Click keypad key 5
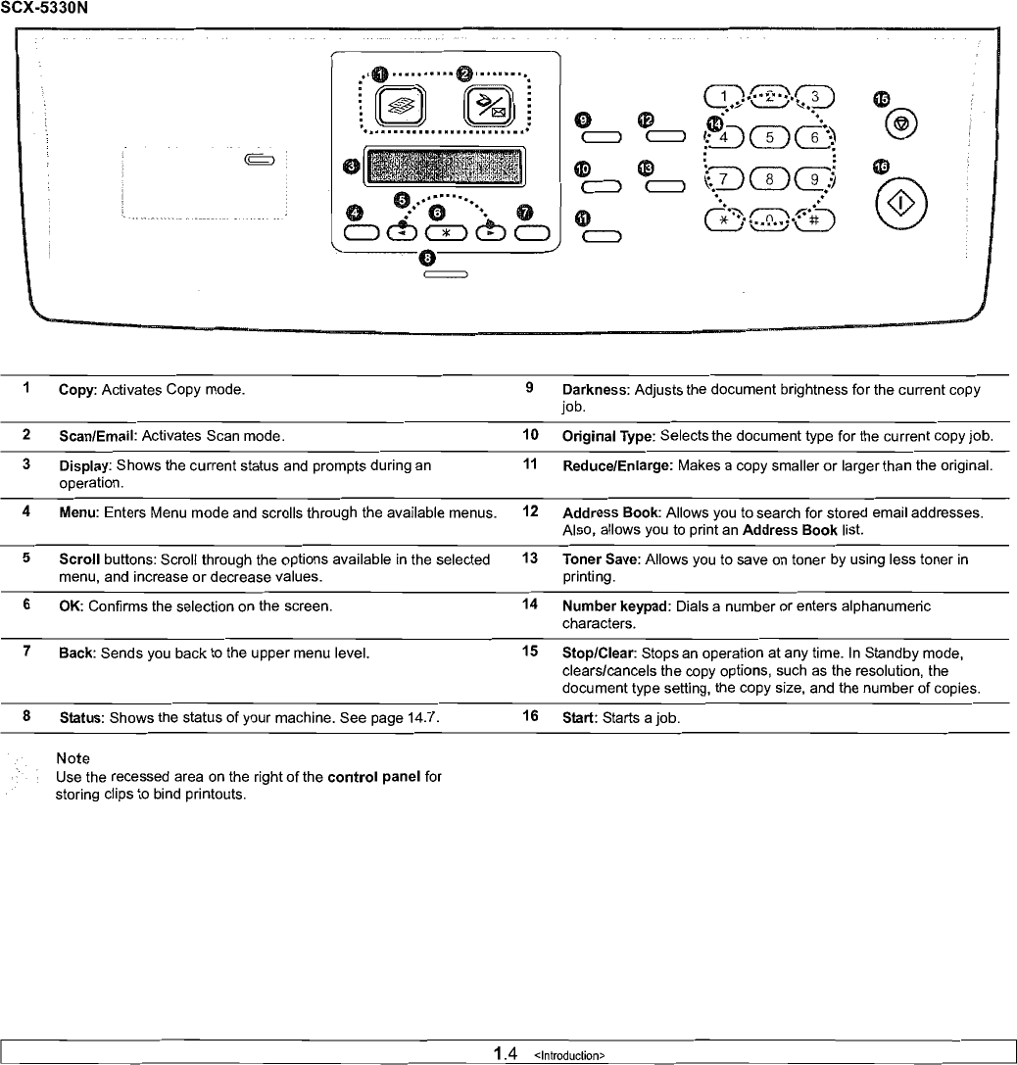point(770,138)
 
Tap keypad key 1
point(724,96)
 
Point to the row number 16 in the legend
point(530,716)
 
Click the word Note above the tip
point(73,758)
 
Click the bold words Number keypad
point(615,606)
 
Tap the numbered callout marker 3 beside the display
point(351,167)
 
